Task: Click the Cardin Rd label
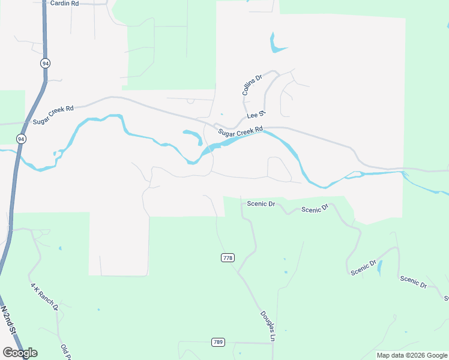pos(64,4)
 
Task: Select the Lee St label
pos(256,115)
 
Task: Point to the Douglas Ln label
pos(267,326)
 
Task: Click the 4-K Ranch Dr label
pos(44,296)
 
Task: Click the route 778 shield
pos(227,258)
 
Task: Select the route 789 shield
pos(218,343)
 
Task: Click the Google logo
pos(20,353)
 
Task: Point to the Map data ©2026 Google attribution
pos(412,355)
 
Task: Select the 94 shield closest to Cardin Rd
pos(46,63)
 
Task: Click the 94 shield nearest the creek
pos(21,139)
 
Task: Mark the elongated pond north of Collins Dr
pos(277,43)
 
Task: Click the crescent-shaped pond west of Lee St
pos(193,136)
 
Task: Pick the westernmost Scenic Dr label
pos(261,204)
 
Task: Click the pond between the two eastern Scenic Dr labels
pos(379,268)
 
